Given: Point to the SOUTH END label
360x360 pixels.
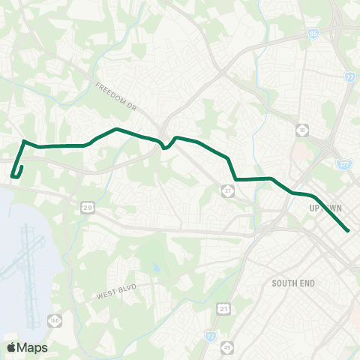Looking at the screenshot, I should pyautogui.click(x=294, y=283).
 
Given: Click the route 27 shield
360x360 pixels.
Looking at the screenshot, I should pyautogui.click(x=227, y=191).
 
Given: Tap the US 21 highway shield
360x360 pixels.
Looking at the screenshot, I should pyautogui.click(x=223, y=308).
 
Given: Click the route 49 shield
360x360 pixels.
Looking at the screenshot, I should pyautogui.click(x=226, y=348).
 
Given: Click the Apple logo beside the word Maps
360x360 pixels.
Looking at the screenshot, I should pyautogui.click(x=11, y=347).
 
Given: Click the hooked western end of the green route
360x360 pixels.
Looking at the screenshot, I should pyautogui.click(x=13, y=176).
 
